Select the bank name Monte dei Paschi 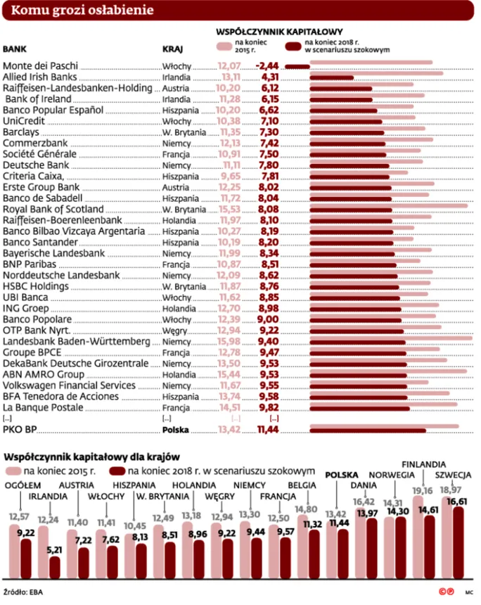click(41, 65)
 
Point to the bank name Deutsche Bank click(35, 165)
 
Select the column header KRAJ click(173, 50)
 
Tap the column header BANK click(15, 50)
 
